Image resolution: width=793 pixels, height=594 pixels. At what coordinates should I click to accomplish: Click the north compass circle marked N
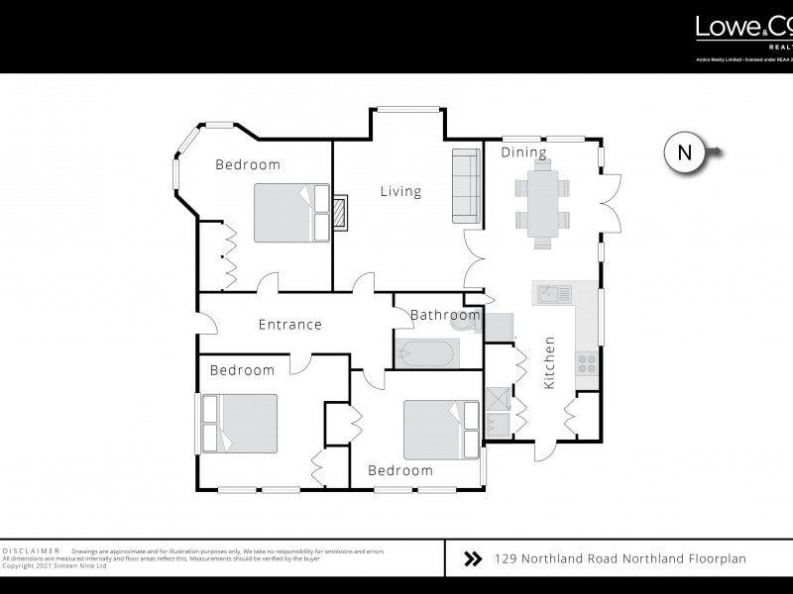684,152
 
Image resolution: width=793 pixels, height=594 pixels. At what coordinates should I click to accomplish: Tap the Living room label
400,191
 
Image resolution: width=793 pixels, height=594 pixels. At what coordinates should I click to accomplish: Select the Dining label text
523,152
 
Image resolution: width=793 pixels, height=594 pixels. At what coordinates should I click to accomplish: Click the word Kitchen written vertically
549,362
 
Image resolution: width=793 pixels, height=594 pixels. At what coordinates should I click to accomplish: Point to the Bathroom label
445,316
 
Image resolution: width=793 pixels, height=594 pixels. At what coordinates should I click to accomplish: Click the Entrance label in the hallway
289,324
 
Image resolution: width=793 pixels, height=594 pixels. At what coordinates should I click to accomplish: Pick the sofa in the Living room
466,185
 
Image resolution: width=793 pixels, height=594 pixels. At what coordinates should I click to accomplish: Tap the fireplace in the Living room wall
340,212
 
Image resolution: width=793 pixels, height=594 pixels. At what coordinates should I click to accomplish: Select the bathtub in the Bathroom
425,352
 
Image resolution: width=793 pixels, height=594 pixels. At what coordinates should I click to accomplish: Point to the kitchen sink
552,293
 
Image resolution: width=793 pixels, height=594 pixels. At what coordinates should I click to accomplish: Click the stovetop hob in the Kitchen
586,361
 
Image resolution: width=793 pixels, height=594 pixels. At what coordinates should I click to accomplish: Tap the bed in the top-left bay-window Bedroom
291,212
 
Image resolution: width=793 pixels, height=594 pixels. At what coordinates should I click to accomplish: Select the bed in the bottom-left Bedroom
240,423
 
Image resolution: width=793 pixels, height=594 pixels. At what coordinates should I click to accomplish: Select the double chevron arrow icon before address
473,559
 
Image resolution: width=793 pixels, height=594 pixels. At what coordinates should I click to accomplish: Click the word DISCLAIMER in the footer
32,549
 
